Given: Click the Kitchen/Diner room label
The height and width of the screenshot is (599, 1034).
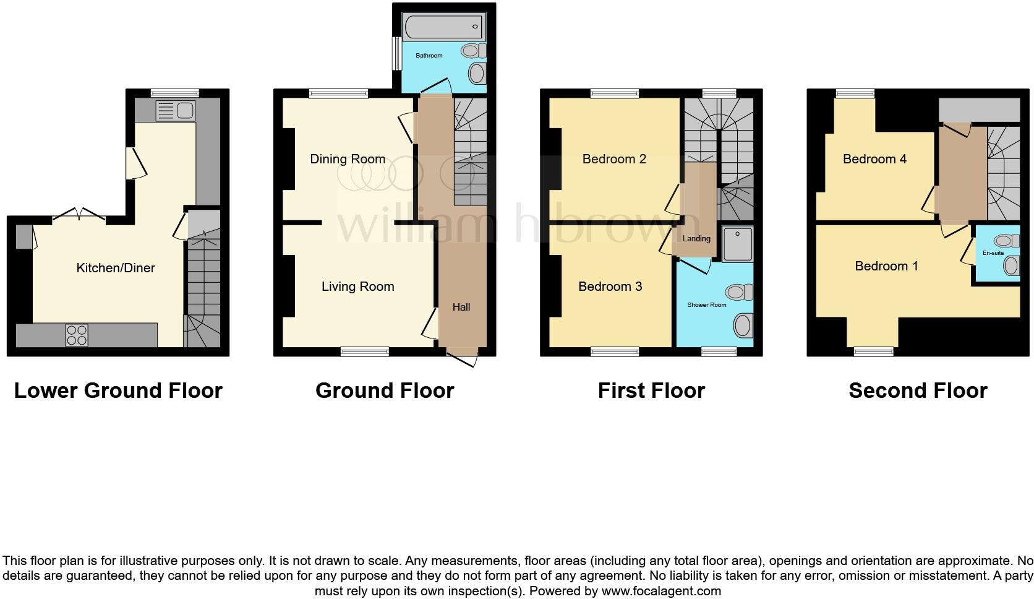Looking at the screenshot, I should pyautogui.click(x=115, y=268).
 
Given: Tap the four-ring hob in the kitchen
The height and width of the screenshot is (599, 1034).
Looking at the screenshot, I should pyautogui.click(x=77, y=335).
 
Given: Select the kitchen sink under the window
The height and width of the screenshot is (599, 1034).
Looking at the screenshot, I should pyautogui.click(x=177, y=111).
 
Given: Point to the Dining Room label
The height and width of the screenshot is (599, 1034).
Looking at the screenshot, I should pyautogui.click(x=348, y=159).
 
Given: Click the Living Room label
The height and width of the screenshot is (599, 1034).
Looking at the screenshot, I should pyautogui.click(x=357, y=287).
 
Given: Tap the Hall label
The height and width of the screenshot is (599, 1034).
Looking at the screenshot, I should pyautogui.click(x=461, y=307).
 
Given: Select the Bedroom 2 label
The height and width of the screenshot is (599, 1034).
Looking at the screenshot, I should pyautogui.click(x=614, y=159).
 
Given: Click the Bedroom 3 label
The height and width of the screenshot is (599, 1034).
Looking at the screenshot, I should pyautogui.click(x=610, y=287).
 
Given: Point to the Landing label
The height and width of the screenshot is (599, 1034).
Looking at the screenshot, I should pyautogui.click(x=696, y=238).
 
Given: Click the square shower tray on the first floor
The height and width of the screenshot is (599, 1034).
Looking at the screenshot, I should pyautogui.click(x=737, y=244).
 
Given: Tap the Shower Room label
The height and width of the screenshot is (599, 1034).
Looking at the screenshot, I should pyautogui.click(x=706, y=304).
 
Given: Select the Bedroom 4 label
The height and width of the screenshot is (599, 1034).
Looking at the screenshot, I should pyautogui.click(x=874, y=159).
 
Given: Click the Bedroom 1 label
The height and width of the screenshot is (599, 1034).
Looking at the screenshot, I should pyautogui.click(x=886, y=266).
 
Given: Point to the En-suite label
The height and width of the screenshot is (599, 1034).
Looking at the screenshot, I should pyautogui.click(x=993, y=253).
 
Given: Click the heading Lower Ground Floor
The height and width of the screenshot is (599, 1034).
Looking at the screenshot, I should pyautogui.click(x=118, y=390).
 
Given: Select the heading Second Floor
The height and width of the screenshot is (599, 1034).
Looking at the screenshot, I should pyautogui.click(x=918, y=390).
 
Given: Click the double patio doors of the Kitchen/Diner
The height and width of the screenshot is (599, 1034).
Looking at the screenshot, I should pyautogui.click(x=79, y=215).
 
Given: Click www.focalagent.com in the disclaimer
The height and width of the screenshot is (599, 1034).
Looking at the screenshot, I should pyautogui.click(x=660, y=591).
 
